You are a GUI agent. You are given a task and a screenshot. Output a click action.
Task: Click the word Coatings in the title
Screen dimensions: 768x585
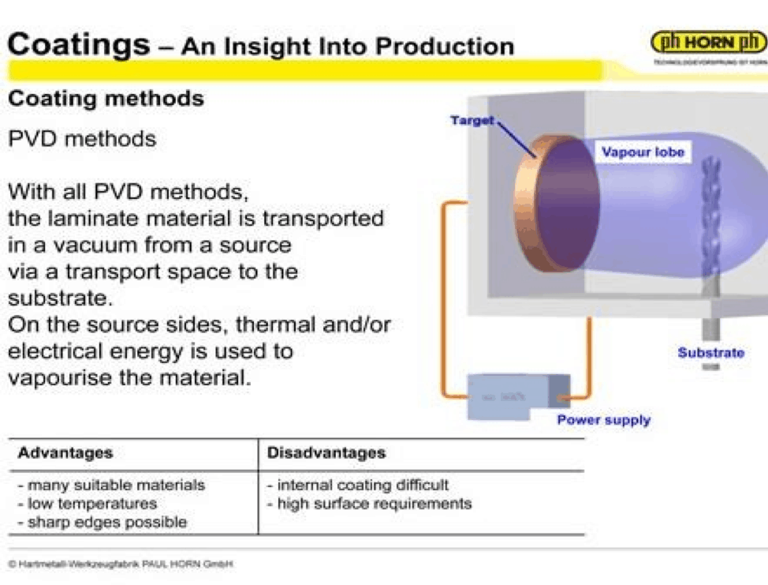(78, 43)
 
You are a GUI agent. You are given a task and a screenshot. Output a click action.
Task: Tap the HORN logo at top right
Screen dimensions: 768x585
(708, 43)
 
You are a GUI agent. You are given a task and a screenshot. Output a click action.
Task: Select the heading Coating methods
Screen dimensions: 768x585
(106, 99)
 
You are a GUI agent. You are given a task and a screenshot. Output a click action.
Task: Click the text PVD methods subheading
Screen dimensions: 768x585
(82, 139)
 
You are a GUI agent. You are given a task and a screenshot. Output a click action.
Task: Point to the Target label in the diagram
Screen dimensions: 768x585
(472, 121)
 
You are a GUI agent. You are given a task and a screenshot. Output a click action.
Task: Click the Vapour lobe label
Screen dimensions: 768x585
(643, 152)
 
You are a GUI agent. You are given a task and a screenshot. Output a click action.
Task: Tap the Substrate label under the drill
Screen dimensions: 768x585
(710, 353)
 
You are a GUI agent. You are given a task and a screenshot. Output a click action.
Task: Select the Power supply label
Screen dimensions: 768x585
(603, 420)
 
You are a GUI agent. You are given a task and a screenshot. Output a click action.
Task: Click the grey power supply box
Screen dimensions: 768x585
(509, 395)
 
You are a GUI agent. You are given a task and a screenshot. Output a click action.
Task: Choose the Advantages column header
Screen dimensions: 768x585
(65, 453)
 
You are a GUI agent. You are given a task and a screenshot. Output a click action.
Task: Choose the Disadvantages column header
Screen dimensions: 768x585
(326, 453)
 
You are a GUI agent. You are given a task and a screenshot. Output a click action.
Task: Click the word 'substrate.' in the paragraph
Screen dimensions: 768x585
(55, 298)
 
